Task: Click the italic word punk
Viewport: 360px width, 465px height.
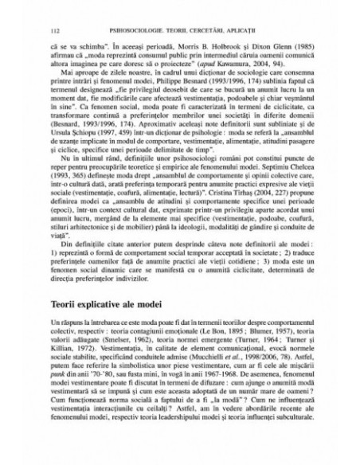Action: pyautogui.click(x=57, y=373)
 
